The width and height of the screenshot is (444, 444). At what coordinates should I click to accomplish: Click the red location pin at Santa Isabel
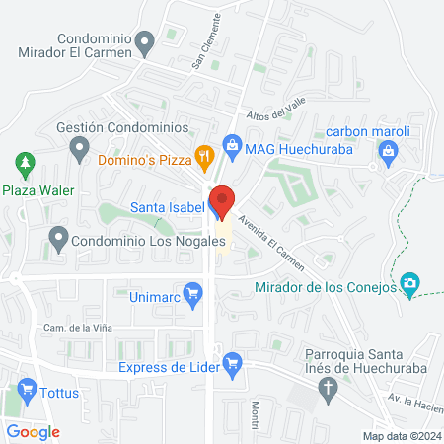pyautogui.click(x=221, y=200)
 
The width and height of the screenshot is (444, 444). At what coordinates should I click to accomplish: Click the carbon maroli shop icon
pyautogui.click(x=388, y=151)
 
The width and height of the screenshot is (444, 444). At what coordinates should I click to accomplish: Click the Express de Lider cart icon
pyautogui.click(x=232, y=363)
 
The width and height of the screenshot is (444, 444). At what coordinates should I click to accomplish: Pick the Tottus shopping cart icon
pyautogui.click(x=26, y=391)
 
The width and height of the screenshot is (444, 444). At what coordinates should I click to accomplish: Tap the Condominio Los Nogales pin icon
pyautogui.click(x=58, y=237)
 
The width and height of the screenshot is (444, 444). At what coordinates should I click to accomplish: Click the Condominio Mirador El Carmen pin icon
pyautogui.click(x=146, y=41)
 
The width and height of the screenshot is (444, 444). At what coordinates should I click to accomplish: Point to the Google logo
pyautogui.click(x=33, y=432)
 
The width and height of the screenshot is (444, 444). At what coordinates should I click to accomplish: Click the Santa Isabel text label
pyautogui.click(x=166, y=207)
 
